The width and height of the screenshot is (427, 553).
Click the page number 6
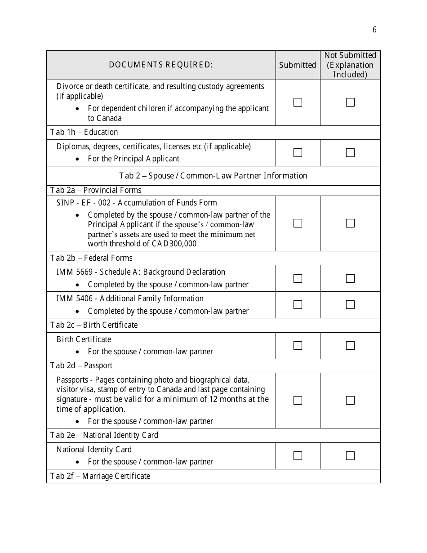[x=374, y=30]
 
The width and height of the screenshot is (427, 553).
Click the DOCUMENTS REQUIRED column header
[x=160, y=65]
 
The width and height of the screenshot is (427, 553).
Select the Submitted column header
[x=297, y=65]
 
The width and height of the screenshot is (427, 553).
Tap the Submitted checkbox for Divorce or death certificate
[x=298, y=103]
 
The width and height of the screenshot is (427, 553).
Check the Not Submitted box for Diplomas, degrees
[x=350, y=153]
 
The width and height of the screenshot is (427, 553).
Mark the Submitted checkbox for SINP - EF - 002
[x=298, y=223]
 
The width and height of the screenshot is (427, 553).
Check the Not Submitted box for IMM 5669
[x=350, y=278]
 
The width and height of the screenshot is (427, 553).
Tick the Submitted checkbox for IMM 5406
[x=298, y=305]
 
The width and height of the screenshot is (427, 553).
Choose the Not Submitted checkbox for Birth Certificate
[x=350, y=346]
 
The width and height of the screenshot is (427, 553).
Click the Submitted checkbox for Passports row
[x=298, y=400]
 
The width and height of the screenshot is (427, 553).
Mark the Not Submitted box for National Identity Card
[x=350, y=456]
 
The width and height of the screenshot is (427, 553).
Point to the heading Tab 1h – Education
[x=84, y=132]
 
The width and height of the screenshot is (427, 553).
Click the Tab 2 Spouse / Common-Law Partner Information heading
[x=213, y=176]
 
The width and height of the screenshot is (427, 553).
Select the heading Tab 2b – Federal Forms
[x=91, y=258]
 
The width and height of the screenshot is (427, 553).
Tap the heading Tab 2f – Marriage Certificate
[x=100, y=476]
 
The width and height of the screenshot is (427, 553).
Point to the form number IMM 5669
[x=75, y=272]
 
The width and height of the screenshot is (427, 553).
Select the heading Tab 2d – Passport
[x=81, y=366]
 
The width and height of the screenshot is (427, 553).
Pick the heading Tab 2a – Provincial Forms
[x=96, y=190]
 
